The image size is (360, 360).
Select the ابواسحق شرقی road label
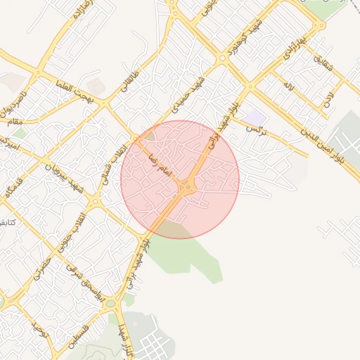84,281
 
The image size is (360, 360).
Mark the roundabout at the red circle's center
186,188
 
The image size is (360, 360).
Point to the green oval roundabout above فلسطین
110,304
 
